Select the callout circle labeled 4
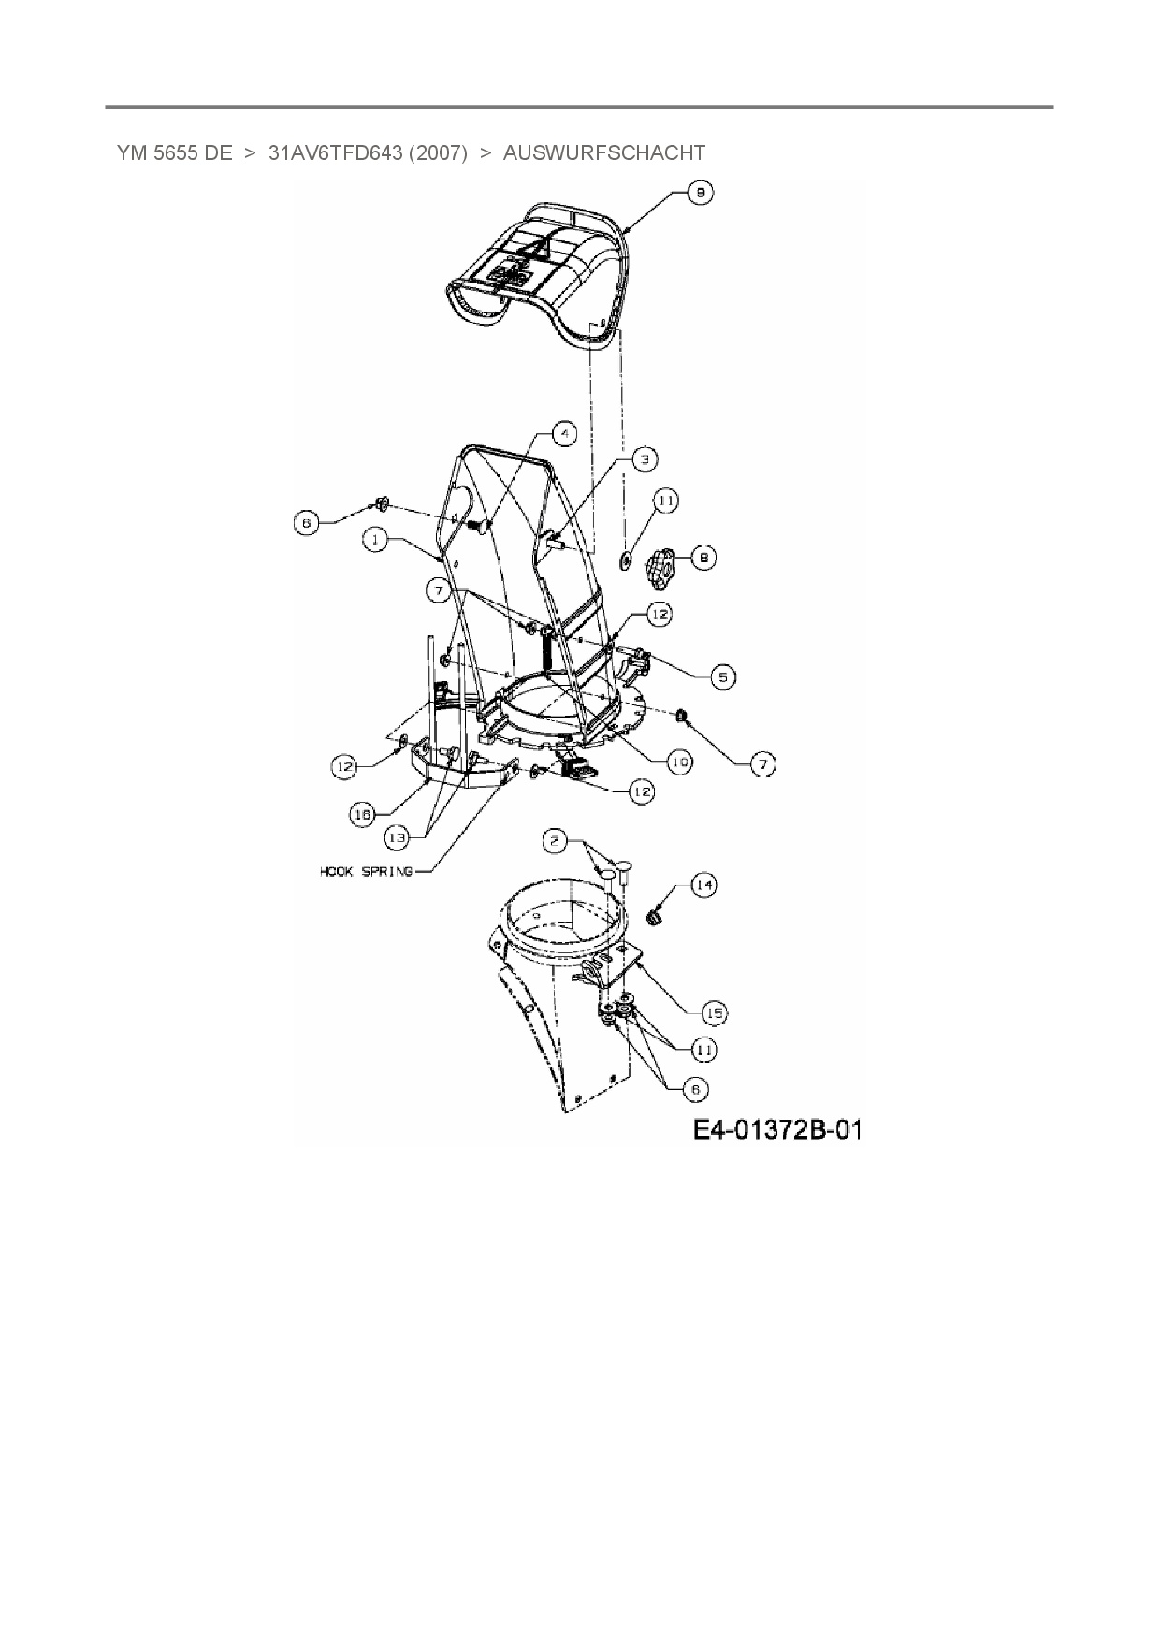point(563,433)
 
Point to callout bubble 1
point(376,540)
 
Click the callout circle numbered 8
point(703,558)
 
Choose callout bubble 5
point(722,676)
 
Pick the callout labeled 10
point(679,762)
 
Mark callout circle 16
point(363,815)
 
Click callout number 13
point(398,837)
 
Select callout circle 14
point(704,884)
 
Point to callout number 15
point(716,1013)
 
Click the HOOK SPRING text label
point(366,871)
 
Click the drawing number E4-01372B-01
point(776,1129)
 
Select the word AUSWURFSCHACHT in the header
point(603,152)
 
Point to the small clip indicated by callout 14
point(655,918)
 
